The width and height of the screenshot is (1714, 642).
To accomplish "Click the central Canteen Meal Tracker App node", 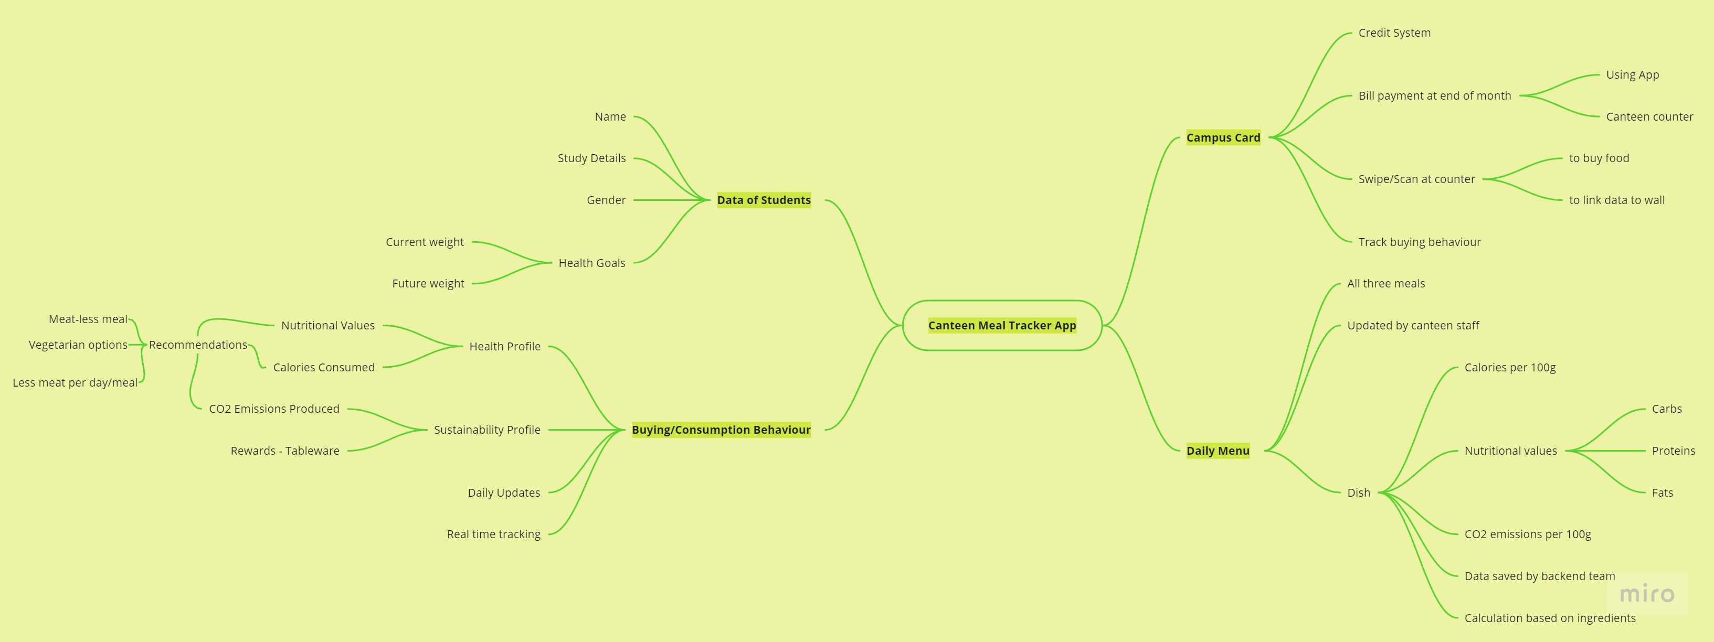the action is (x=1001, y=325).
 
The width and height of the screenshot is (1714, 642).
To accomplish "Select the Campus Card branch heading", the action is (x=1223, y=138).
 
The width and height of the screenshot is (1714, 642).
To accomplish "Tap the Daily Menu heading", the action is (x=1218, y=451).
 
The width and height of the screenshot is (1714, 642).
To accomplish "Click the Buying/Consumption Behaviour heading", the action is (x=721, y=430).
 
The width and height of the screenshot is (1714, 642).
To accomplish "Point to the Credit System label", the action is (x=1394, y=33).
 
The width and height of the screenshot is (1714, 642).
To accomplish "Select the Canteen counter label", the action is (x=1649, y=117).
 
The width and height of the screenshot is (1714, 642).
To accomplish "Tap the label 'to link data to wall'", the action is (x=1616, y=200).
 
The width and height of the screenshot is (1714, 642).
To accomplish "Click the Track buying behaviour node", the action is (x=1419, y=242).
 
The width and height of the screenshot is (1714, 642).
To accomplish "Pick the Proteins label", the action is (x=1673, y=451).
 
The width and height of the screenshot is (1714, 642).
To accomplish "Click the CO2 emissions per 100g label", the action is (x=1527, y=534).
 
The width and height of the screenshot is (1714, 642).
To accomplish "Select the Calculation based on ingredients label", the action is (x=1550, y=618).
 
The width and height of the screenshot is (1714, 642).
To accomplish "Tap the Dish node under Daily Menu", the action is (x=1358, y=493).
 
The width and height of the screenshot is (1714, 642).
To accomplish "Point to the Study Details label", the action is (x=591, y=158).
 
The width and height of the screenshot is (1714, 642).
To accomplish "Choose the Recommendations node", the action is (x=198, y=345).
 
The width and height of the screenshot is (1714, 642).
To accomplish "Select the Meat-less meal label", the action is (x=88, y=319).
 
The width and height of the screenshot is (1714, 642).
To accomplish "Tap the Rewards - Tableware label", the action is (x=285, y=451).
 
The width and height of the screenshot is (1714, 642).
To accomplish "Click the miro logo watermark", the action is (x=1647, y=593).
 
